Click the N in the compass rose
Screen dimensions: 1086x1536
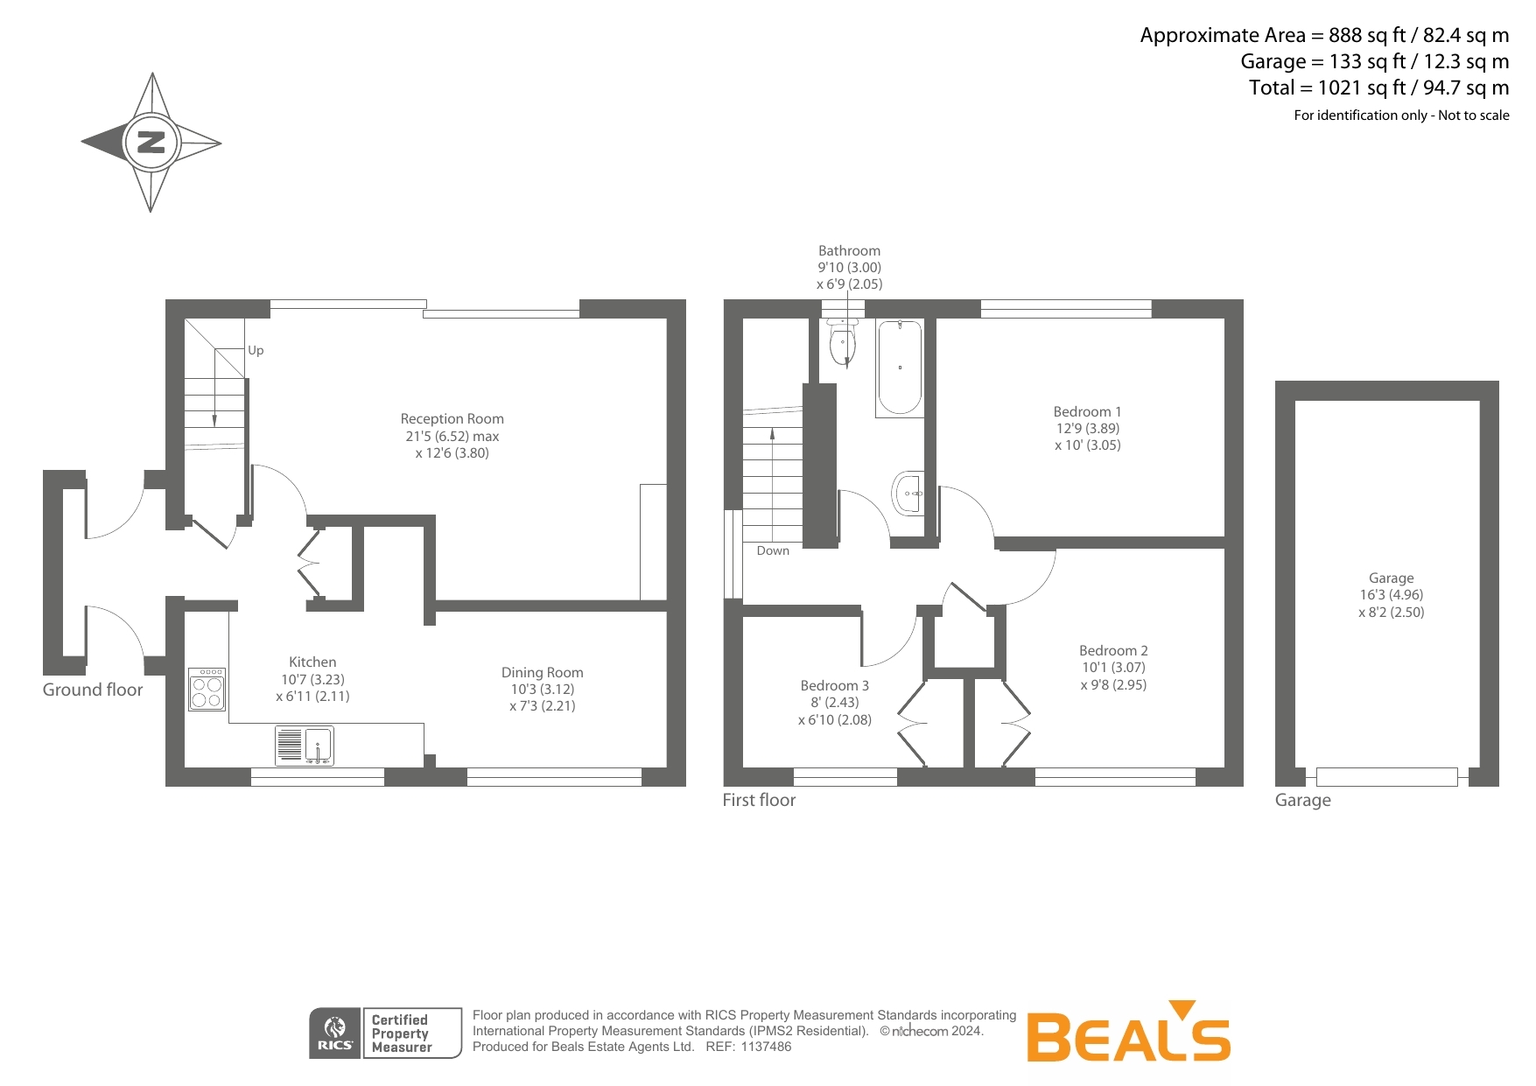pyautogui.click(x=151, y=142)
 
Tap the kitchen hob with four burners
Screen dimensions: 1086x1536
pyautogui.click(x=207, y=690)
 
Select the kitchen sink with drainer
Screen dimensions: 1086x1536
pyautogui.click(x=305, y=746)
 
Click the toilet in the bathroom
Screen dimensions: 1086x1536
pyautogui.click(x=842, y=342)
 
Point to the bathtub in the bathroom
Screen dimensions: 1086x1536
pyautogui.click(x=900, y=368)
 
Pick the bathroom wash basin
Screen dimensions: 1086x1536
pyautogui.click(x=909, y=494)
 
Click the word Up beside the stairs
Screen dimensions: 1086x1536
pyautogui.click(x=256, y=350)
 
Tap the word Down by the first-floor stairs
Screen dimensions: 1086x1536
pyautogui.click(x=773, y=550)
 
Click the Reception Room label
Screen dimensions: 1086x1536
pyautogui.click(x=452, y=419)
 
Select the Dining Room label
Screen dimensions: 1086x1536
pyautogui.click(x=542, y=672)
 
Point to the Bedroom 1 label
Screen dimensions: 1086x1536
pyautogui.click(x=1087, y=411)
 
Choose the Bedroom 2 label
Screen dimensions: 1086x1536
pyautogui.click(x=1113, y=650)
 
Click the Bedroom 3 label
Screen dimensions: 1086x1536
pyautogui.click(x=834, y=685)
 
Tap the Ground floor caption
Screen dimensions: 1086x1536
pyautogui.click(x=93, y=690)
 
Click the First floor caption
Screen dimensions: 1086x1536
pyautogui.click(x=759, y=800)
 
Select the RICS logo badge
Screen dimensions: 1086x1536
pyautogui.click(x=335, y=1033)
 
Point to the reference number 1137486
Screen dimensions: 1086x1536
pyautogui.click(x=766, y=1047)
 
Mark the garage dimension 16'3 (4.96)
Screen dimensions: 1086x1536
pyautogui.click(x=1391, y=595)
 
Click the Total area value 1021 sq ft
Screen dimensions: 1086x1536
pyautogui.click(x=1362, y=88)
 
